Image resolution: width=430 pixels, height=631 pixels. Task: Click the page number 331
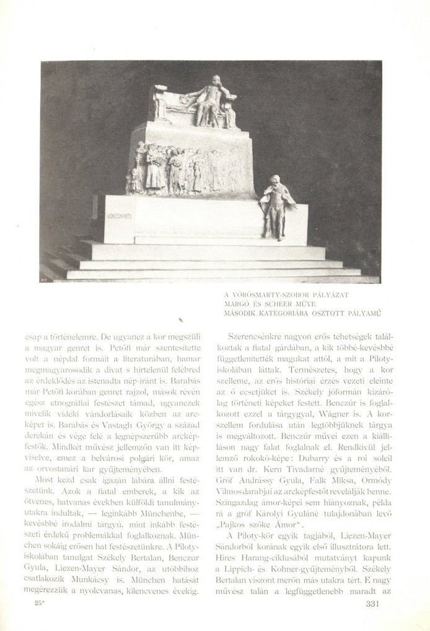(377, 604)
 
